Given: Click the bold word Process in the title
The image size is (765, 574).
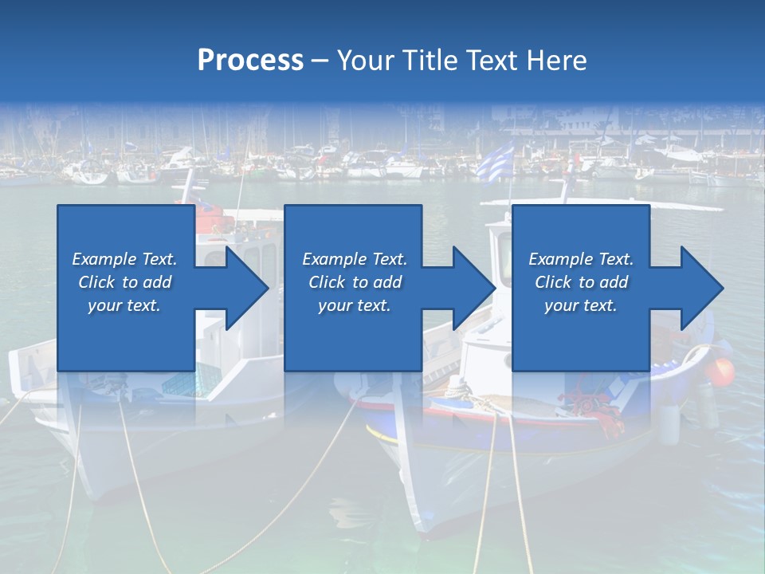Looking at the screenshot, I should tap(250, 61).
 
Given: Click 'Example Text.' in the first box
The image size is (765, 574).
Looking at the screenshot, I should tap(125, 259).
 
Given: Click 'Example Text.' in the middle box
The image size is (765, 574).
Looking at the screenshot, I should tap(355, 259).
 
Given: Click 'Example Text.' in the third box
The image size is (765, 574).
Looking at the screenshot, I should tap(581, 259).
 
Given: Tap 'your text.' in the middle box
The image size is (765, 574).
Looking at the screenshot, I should tap(355, 305).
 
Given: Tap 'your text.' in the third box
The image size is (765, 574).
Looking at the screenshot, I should tap(581, 305).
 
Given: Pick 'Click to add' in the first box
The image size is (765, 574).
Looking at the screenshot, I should tap(125, 282).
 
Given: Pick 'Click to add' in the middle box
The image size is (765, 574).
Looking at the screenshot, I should tap(355, 282).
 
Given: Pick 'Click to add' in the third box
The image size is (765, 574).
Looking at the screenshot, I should tap(581, 282).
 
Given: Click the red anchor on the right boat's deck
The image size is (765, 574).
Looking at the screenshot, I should tap(594, 403).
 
